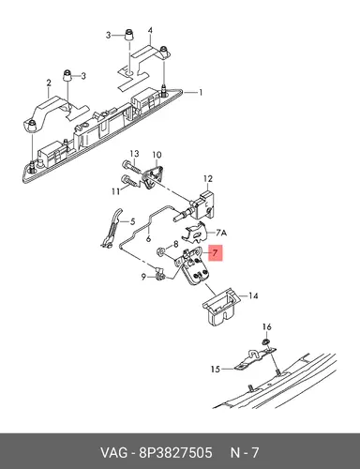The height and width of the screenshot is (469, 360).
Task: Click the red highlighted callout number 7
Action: [x=214, y=253]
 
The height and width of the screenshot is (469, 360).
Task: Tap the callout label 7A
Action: [x=221, y=233]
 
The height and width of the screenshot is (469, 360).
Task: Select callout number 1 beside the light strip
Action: [x=201, y=93]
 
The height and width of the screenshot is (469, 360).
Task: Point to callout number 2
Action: [x=49, y=83]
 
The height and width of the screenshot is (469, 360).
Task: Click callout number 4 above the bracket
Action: [x=150, y=31]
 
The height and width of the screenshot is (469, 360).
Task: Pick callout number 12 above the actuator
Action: [x=208, y=178]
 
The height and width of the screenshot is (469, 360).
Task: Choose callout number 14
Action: [x=253, y=295]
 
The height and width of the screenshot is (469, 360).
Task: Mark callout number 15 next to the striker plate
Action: [x=216, y=370]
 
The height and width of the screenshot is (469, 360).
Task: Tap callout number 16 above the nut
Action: [x=267, y=327]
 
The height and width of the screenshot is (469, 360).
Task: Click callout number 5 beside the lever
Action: [x=132, y=222]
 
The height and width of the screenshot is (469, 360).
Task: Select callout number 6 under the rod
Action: [x=148, y=239]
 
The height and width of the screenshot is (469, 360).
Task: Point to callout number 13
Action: [x=134, y=154]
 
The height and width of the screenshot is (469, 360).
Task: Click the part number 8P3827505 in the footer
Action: [x=175, y=453]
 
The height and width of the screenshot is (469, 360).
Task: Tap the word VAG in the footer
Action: [x=114, y=453]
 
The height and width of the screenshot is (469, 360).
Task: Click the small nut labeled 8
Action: [x=161, y=250]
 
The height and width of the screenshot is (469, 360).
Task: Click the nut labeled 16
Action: [x=265, y=341]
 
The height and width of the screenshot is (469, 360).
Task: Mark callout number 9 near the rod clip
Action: [x=143, y=277]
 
